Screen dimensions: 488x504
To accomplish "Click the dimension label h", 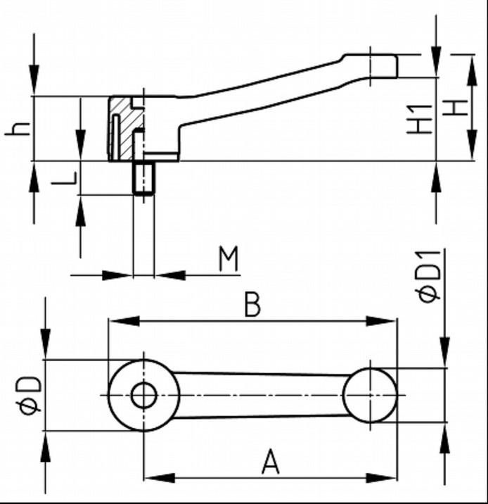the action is coord(18,130).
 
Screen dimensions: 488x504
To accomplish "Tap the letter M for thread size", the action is coord(229,258).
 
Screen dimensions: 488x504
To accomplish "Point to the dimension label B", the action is coord(252,304).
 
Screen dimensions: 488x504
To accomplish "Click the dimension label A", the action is coord(270,462).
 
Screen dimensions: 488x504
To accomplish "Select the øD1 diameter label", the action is coord(428,276).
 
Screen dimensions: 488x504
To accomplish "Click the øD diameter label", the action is coord(30,395).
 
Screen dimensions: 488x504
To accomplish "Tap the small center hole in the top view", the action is coord(143,395).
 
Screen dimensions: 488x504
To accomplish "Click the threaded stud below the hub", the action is coord(143,178).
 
